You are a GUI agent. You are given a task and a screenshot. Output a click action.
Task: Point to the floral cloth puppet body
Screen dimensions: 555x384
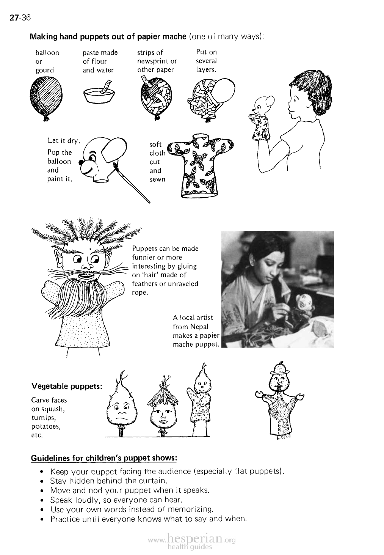(x=199, y=165)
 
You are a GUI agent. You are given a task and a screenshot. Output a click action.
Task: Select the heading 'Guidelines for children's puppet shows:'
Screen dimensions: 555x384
(x=103, y=458)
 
